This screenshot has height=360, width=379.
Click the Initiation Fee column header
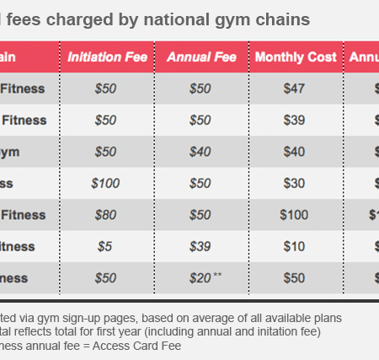107,57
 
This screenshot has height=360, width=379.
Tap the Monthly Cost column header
295,57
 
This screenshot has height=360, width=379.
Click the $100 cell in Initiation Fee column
106,183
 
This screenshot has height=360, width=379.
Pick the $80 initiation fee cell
106,214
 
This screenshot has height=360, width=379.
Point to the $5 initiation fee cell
106,245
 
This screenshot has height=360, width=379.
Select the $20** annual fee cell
202,277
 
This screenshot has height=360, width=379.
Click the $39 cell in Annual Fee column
201,245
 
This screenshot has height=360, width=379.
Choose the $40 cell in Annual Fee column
201,152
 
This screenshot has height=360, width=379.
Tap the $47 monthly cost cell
295,89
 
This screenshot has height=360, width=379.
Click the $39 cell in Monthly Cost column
295,121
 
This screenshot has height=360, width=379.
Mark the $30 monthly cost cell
295,183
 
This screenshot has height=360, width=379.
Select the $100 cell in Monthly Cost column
295,214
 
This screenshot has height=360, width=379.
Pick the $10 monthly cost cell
295,245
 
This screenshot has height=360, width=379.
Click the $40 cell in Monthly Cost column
295,152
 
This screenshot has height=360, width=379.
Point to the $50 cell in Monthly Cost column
295,277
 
